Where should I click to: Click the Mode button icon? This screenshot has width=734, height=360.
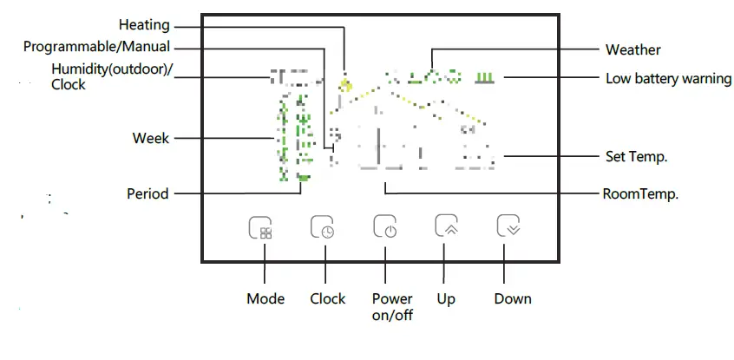[260, 228]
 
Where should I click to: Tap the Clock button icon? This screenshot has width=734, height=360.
[323, 228]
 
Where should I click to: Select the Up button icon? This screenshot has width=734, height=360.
[446, 226]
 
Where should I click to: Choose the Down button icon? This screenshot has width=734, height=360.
[508, 226]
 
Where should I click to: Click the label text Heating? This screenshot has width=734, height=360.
[144, 25]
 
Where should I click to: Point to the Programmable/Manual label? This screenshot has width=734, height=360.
[96, 47]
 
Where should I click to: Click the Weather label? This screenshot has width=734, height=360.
[632, 50]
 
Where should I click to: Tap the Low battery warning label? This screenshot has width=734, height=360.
[668, 79]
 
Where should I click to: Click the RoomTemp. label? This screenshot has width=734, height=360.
[640, 193]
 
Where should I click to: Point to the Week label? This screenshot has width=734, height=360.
[151, 138]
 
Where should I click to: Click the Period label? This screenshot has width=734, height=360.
[147, 193]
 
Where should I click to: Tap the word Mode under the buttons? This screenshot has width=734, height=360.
[265, 298]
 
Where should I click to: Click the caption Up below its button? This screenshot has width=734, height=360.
[446, 298]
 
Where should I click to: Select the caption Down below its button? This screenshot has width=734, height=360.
[513, 298]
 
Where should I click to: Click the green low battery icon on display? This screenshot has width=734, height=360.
[486, 78]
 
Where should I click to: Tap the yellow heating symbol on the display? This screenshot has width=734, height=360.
[346, 85]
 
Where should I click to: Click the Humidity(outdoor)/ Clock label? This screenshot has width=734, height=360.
[112, 77]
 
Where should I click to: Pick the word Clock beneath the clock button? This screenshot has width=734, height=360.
[328, 298]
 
